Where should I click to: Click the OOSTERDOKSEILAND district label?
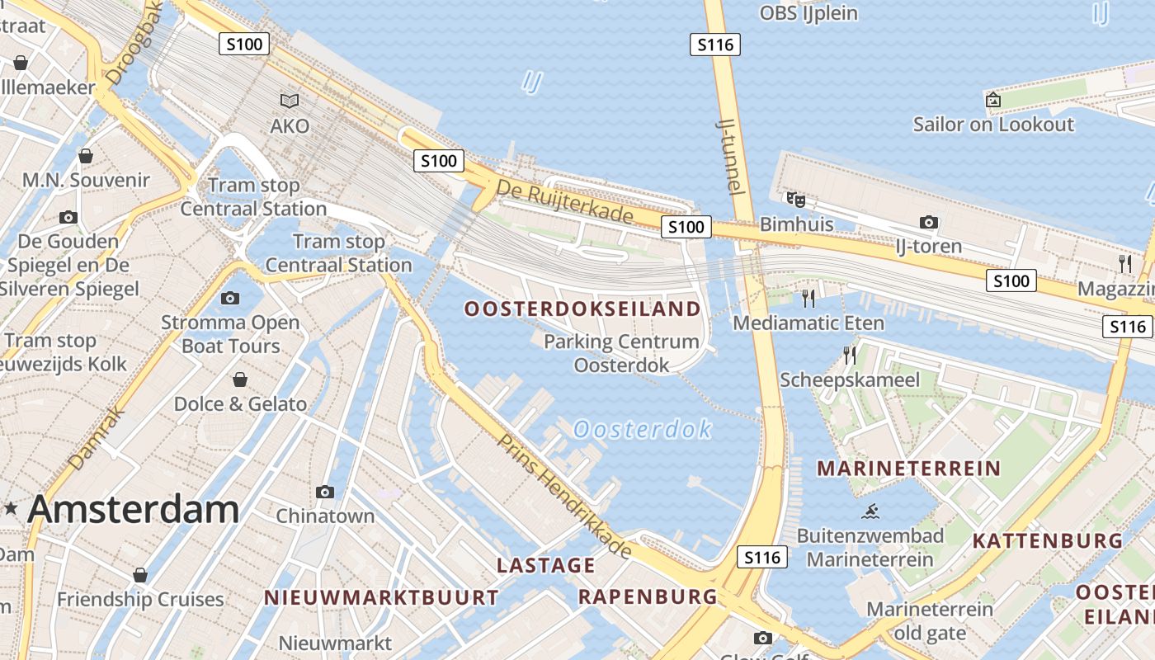tap(582, 309)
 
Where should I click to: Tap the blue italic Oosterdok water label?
tap(642, 429)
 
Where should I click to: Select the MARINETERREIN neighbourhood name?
tap(908, 469)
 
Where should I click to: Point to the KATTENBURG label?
tap(1047, 541)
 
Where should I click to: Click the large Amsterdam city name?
tap(134, 509)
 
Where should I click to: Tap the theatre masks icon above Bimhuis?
tap(795, 200)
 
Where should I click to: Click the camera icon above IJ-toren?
tap(929, 222)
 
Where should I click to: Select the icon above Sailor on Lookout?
tap(993, 100)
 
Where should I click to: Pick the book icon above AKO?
tap(290, 101)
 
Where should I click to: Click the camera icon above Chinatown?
tap(325, 492)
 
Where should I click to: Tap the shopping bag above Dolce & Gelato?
tap(240, 379)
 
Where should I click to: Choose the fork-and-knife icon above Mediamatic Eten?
tap(808, 298)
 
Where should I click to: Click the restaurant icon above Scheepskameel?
tap(849, 356)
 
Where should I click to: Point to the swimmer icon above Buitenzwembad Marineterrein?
tap(870, 511)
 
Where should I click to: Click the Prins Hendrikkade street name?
tap(565, 495)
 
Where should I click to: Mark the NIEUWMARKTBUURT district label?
tap(381, 597)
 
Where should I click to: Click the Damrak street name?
tap(96, 437)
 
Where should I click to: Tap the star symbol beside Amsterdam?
tap(11, 509)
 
